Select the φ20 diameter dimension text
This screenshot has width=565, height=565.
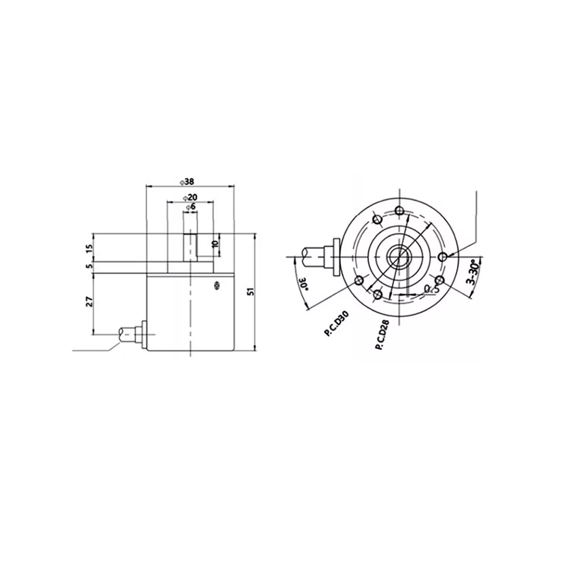(190, 197)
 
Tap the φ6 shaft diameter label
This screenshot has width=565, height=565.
(190, 207)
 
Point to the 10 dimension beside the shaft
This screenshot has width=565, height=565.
(214, 244)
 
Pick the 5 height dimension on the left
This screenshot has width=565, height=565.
(89, 266)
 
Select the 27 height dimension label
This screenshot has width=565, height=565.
(89, 302)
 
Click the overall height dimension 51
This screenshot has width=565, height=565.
(251, 292)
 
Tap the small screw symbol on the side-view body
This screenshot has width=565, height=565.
(215, 286)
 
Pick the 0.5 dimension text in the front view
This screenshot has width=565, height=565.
(431, 289)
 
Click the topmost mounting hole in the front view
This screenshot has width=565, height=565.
(400, 211)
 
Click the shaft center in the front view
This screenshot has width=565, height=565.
(400, 257)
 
